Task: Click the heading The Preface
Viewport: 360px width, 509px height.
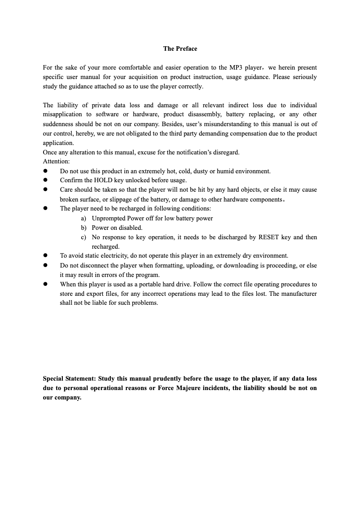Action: (x=180, y=48)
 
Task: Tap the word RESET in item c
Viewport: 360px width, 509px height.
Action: (x=269, y=237)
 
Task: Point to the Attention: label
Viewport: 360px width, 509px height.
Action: (x=56, y=162)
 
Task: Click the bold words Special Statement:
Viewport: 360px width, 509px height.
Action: (x=69, y=378)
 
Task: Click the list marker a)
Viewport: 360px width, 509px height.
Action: (x=83, y=218)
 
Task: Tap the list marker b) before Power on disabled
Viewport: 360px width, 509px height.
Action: (x=83, y=228)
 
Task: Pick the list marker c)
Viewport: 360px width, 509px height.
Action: (x=83, y=237)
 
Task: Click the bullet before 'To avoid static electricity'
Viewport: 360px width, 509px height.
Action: (x=45, y=256)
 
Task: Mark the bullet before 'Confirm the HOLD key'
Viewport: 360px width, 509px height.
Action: (x=45, y=180)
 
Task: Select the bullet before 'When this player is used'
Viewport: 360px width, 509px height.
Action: (x=45, y=284)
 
